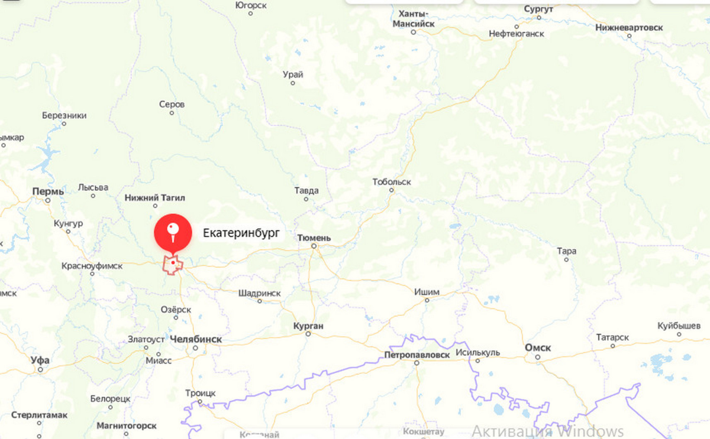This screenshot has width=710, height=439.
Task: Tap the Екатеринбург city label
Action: click(x=240, y=233)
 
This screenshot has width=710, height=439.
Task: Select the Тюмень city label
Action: click(x=314, y=238)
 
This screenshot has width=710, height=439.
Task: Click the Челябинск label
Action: click(x=195, y=339)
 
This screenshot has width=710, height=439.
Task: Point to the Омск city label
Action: click(x=538, y=348)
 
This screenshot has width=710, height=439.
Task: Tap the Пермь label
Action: click(x=48, y=192)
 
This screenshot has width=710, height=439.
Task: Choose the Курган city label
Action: click(x=308, y=326)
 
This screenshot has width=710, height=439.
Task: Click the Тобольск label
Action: click(x=392, y=182)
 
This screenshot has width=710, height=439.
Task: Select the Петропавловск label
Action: click(x=417, y=355)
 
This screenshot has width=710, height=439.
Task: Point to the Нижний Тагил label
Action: click(x=155, y=198)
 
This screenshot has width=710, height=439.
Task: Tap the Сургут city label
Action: click(x=538, y=9)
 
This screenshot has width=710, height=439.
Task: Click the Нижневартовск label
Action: click(x=629, y=27)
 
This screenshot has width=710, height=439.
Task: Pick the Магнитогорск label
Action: click(x=126, y=425)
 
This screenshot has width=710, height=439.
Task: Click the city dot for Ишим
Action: click(x=427, y=300)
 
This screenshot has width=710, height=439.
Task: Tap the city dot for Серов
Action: click(x=172, y=112)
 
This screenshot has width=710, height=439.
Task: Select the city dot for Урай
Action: click(x=292, y=83)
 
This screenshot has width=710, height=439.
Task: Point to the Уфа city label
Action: click(x=40, y=360)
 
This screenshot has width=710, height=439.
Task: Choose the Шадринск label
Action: click(x=259, y=293)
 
